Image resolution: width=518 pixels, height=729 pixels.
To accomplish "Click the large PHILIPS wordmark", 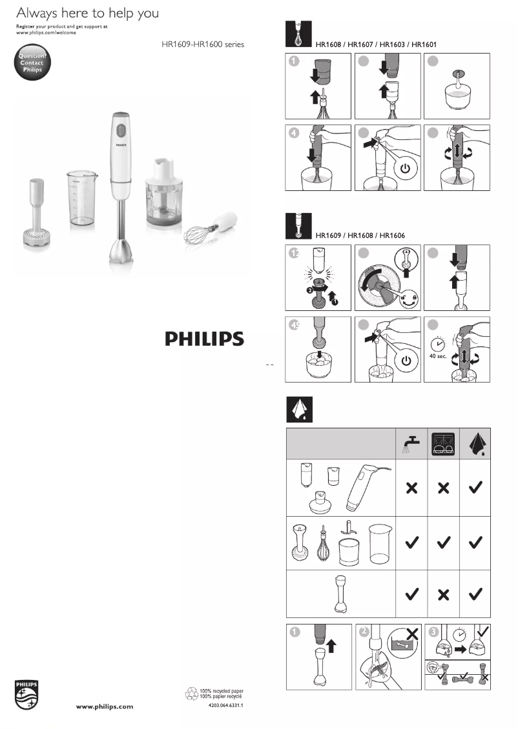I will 204,339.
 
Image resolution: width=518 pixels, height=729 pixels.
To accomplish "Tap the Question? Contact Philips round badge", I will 31,63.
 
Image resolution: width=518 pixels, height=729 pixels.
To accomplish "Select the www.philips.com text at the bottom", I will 105,706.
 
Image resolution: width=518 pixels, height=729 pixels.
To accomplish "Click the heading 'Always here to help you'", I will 87,13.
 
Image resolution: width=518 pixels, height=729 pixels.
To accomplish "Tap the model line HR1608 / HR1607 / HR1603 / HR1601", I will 376,45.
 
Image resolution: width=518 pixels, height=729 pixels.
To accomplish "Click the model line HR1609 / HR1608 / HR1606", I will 360,235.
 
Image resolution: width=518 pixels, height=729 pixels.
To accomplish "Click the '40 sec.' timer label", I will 438,355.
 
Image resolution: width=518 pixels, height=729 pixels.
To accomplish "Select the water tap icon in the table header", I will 411,443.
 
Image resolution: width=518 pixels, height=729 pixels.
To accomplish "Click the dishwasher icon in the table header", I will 443,443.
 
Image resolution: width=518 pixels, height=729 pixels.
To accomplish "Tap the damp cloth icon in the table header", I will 475,443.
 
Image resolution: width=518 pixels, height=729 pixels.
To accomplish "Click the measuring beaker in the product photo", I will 82,197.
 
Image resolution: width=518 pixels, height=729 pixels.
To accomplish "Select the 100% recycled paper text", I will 222,691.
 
